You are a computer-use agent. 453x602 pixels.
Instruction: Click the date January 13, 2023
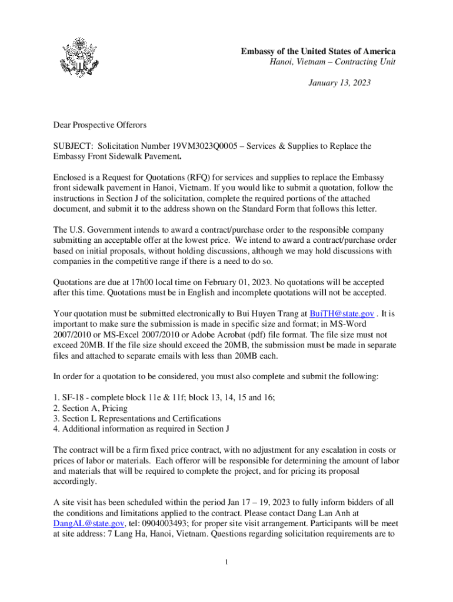[x=339, y=83]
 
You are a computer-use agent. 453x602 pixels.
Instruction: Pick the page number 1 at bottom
[x=226, y=563]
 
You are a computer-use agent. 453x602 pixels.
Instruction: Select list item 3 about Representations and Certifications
[x=137, y=418]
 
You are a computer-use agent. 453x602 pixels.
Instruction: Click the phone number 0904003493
[x=165, y=523]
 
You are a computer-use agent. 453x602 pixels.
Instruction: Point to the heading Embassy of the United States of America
[x=318, y=52]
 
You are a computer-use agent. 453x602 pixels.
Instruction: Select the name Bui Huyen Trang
[x=268, y=313]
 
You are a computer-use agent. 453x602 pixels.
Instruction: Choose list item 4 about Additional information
[x=141, y=429]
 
